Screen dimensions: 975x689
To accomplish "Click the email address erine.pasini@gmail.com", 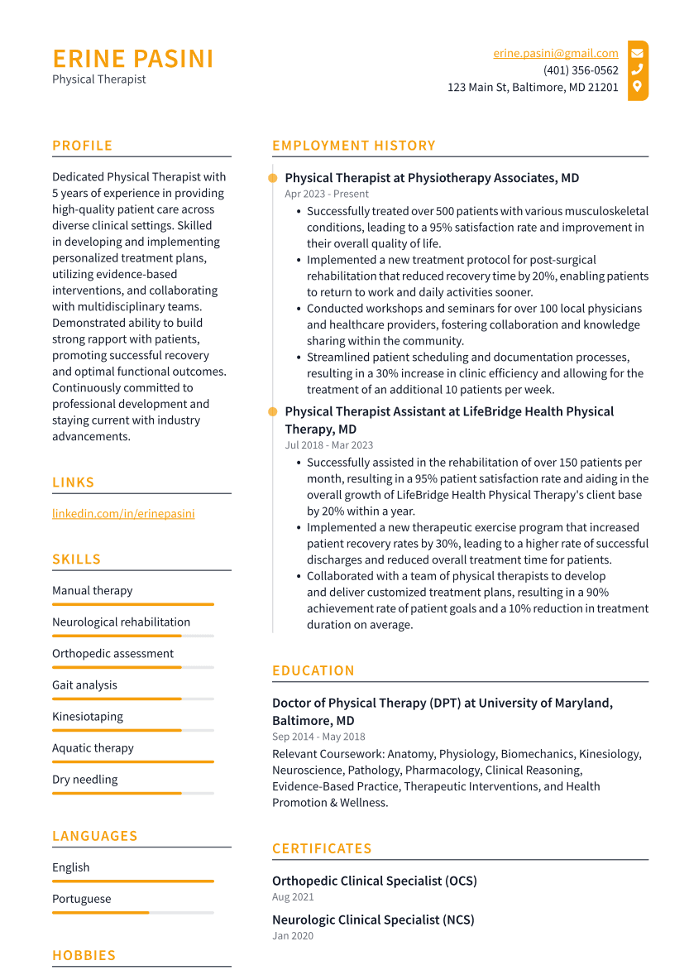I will (556, 54).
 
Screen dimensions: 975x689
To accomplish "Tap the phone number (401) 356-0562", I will (581, 70).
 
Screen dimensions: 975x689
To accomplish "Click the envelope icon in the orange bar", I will (637, 54).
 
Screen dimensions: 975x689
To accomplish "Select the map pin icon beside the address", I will (637, 86).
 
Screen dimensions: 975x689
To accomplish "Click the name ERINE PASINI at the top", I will (133, 60).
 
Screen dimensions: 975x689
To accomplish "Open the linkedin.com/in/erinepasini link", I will (123, 513).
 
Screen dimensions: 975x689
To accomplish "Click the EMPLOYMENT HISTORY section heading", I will (354, 146).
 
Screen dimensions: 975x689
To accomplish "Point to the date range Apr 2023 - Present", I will (327, 194).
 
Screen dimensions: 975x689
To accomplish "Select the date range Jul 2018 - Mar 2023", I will (328, 445).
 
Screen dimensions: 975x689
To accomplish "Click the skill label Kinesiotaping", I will (88, 717).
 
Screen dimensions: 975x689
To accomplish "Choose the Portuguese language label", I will (81, 899).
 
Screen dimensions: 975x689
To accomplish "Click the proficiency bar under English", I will (132, 881).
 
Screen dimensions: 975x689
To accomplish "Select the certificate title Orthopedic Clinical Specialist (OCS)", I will (375, 881).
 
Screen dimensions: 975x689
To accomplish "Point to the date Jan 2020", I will (293, 936).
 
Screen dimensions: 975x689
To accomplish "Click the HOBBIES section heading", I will (84, 955).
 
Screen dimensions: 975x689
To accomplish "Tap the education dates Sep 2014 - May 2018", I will (318, 737).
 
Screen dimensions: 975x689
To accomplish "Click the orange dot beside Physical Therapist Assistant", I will (272, 411).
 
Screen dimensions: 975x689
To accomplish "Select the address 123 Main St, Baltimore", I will (533, 87).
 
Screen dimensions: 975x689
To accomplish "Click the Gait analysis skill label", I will (84, 685).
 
